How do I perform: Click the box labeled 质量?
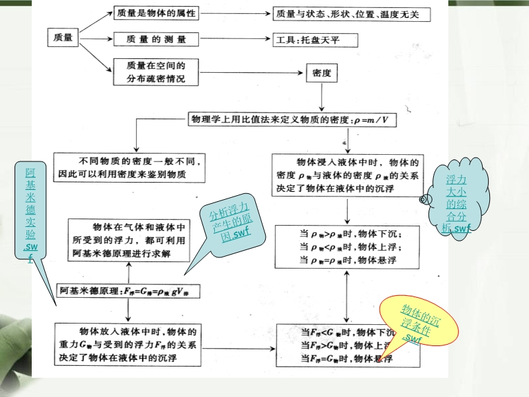(63, 38)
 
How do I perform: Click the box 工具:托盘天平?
(315, 40)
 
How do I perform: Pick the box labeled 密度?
(321, 72)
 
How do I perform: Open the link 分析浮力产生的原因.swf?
(231, 225)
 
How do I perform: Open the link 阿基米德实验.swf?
(30, 212)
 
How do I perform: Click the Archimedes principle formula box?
(128, 290)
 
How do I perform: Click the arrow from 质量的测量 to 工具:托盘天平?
(231, 40)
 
